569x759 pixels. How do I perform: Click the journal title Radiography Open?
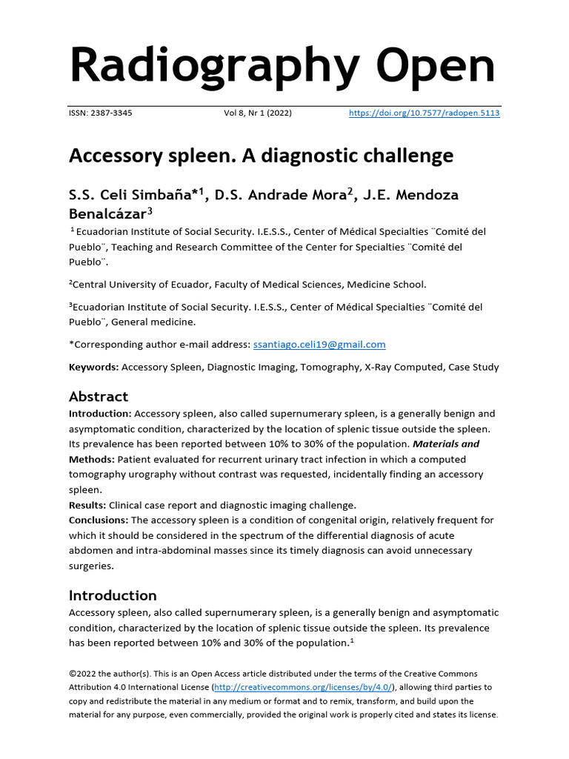[282, 65]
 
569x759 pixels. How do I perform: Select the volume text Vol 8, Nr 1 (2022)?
[258, 113]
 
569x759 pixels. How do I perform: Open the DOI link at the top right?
[425, 113]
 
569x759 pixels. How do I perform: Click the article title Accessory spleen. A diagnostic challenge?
[261, 156]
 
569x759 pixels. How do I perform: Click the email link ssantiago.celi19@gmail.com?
[319, 345]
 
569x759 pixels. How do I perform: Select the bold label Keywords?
[93, 367]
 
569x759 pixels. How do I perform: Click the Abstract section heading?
[99, 397]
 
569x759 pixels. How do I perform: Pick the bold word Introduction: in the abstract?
[101, 414]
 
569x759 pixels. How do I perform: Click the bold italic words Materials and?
[445, 444]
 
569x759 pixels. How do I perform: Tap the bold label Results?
[87, 505]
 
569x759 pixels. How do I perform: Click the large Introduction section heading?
[113, 595]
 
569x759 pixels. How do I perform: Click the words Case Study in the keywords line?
[473, 367]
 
